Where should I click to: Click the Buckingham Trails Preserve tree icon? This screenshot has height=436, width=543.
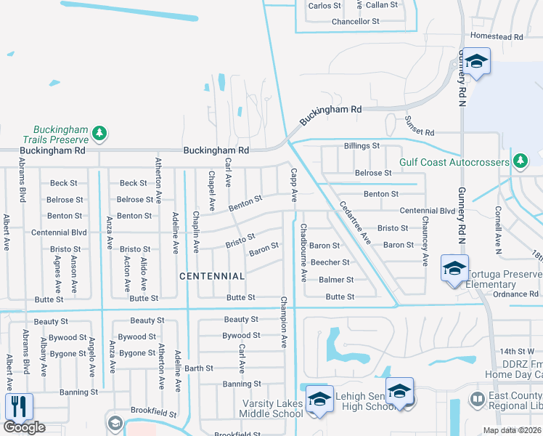[100, 134]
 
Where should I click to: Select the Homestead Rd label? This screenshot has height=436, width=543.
[497, 36]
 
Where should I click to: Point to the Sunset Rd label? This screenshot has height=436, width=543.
[419, 133]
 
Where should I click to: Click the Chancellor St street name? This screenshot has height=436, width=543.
[356, 22]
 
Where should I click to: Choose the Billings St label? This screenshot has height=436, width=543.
[362, 146]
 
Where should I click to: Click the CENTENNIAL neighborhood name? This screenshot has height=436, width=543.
[213, 276]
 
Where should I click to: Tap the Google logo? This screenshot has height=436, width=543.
[24, 427]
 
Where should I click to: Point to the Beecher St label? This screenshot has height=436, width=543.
[330, 262]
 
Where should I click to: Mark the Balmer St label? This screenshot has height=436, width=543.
[335, 280]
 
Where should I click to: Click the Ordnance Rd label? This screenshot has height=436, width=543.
[514, 294]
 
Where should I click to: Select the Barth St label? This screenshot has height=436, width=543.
[198, 368]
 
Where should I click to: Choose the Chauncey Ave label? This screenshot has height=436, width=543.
[424, 243]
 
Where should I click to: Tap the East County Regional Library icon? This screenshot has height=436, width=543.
[478, 399]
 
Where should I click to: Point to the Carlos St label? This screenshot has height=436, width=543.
[324, 6]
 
